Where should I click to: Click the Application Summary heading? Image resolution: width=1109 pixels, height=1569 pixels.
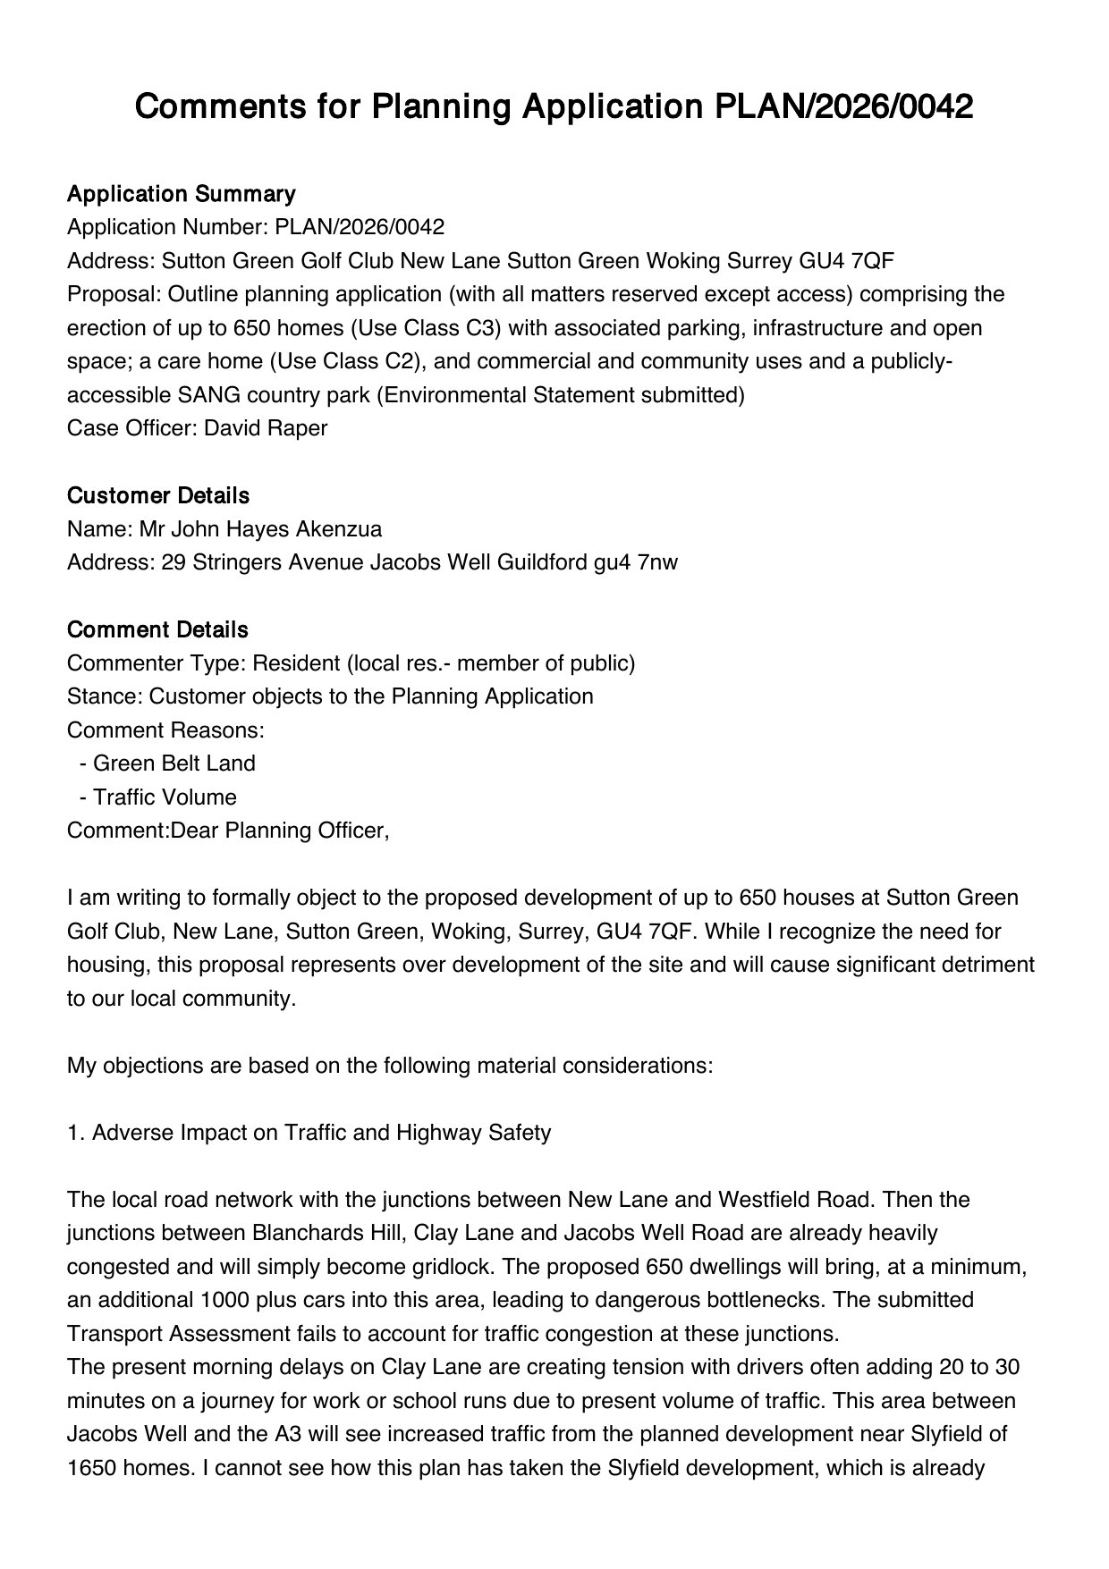(x=181, y=194)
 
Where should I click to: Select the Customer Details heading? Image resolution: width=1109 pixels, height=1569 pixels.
(x=158, y=495)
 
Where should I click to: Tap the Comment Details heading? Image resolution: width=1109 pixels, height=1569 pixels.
(x=157, y=629)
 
